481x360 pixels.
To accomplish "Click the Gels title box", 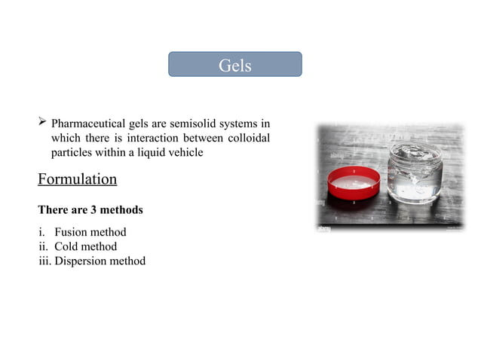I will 234,65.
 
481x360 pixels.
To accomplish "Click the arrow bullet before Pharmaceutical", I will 42,122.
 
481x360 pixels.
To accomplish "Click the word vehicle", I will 186,152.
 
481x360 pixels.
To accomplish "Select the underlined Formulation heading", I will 77,179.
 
